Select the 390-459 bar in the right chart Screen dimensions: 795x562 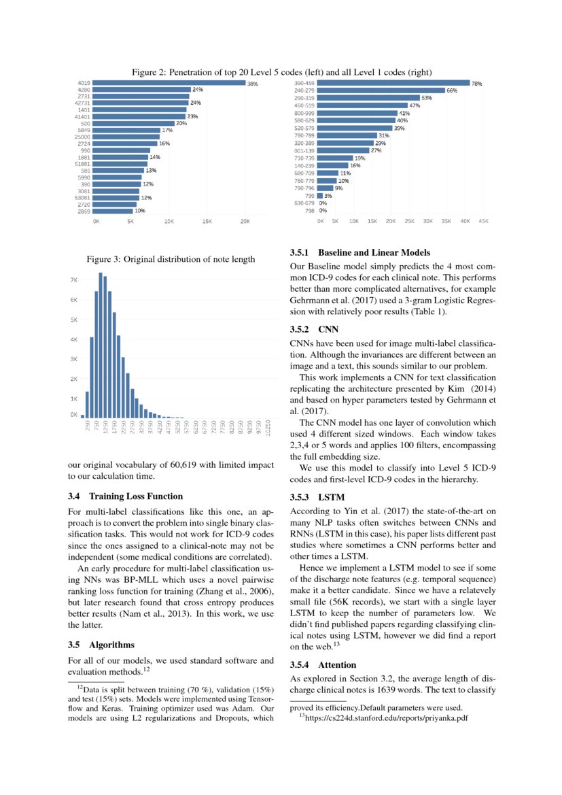point(393,83)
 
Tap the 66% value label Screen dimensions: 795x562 point(451,90)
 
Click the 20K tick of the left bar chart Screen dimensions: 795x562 point(245,221)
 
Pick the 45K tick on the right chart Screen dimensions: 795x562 point(483,221)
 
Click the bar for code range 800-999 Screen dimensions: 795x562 point(357,113)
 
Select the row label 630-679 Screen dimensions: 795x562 point(303,203)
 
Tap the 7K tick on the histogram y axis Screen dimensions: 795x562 point(73,280)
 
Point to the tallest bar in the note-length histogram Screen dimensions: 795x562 point(101,345)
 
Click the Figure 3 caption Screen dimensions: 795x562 point(171,258)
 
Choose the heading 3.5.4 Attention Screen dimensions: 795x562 point(323,664)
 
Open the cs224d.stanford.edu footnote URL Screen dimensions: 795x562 point(383,717)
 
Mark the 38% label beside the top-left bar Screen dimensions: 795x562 point(252,83)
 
